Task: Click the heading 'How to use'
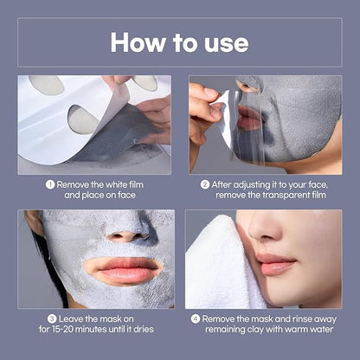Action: coord(179,42)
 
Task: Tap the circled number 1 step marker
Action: coord(50,184)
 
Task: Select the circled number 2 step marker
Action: coord(205,184)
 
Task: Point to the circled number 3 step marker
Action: coord(52,319)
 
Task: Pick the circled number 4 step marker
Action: coord(196,319)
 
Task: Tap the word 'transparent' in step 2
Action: coord(290,196)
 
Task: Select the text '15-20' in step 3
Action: coord(65,330)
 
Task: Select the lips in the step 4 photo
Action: coord(274,263)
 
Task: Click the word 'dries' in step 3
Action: coord(144,330)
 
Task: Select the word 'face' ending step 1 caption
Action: coord(126,196)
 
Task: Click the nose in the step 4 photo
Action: coord(264,227)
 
